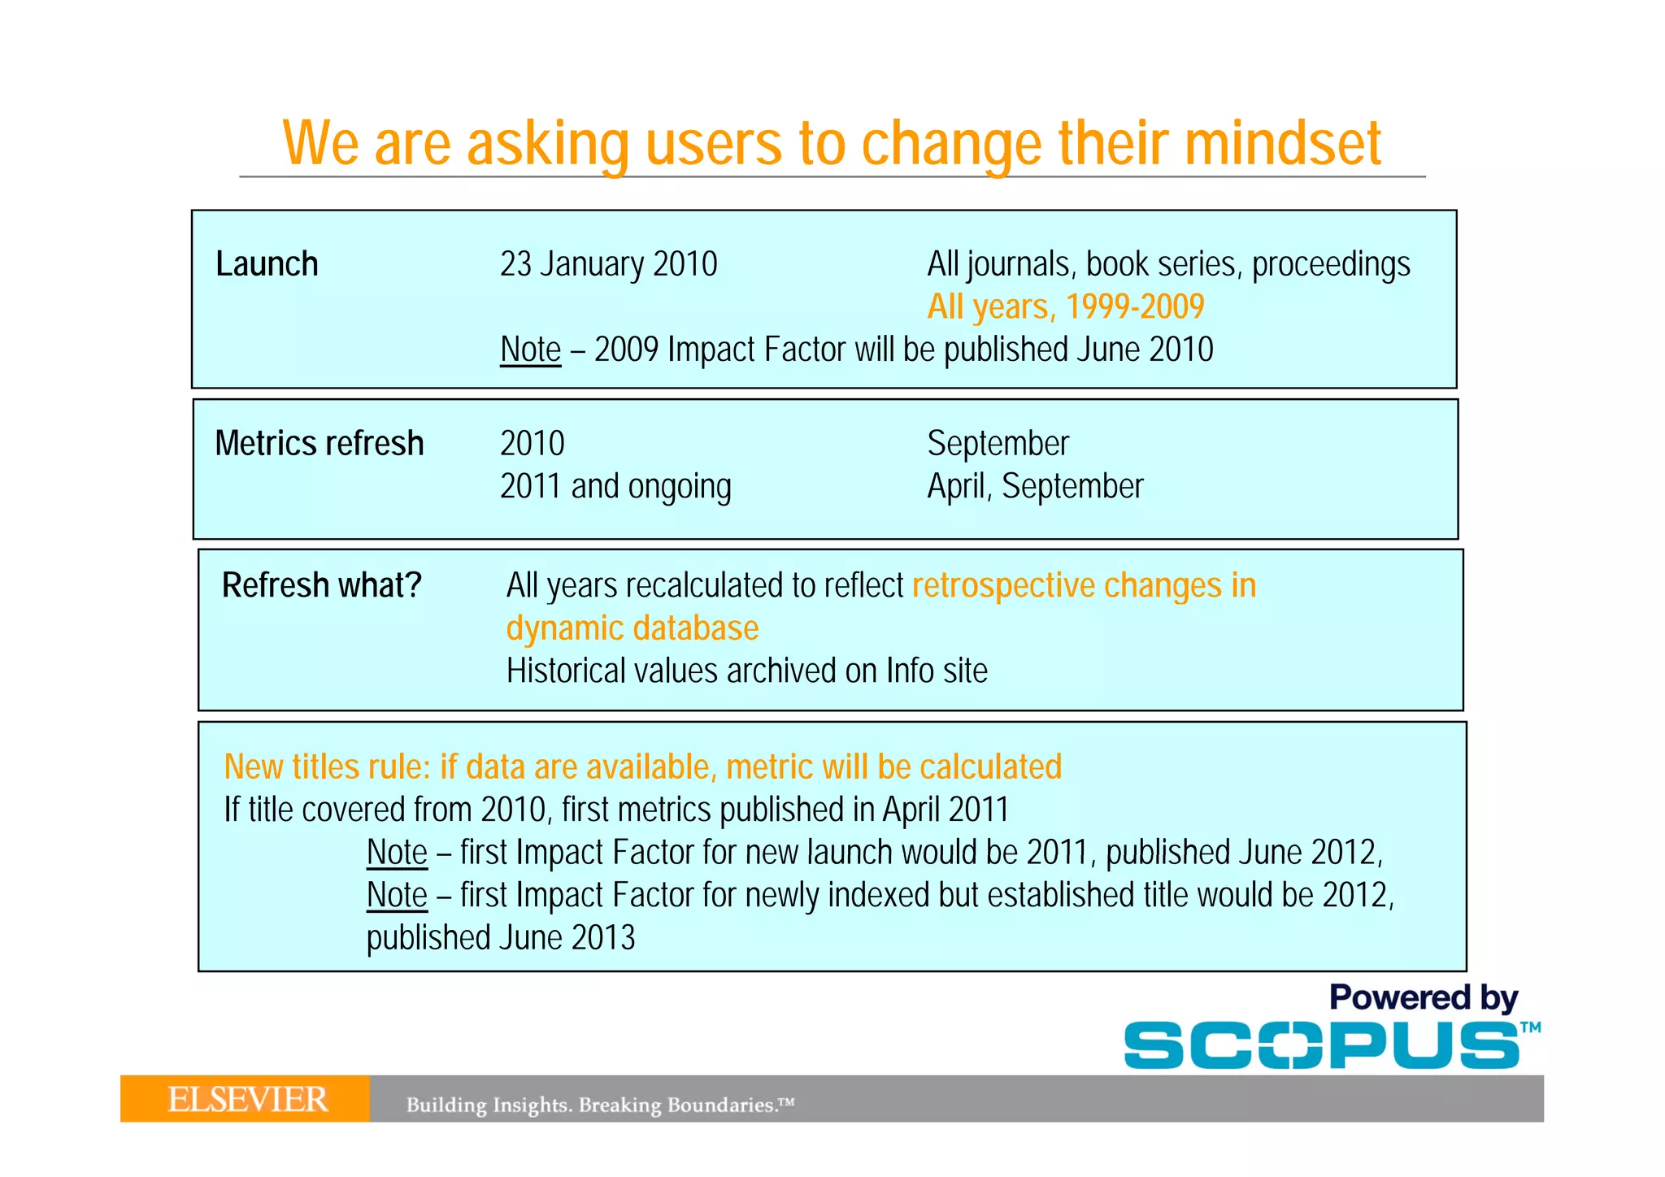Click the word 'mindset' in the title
click(1282, 143)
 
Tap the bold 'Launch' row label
click(267, 264)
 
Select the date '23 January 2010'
click(608, 264)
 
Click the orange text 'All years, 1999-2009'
click(1065, 307)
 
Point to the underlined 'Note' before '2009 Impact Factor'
click(530, 350)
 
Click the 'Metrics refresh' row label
click(320, 444)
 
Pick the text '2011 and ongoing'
click(615, 487)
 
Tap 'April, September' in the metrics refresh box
click(1035, 487)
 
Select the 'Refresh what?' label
click(322, 585)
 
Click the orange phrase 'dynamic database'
click(633, 628)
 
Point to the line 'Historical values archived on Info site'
click(746, 671)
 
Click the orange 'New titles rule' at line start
click(325, 767)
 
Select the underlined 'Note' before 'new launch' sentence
click(397, 853)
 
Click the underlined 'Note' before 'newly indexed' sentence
click(397, 895)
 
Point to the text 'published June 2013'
click(501, 938)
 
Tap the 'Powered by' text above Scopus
click(1423, 997)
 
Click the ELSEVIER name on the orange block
click(247, 1100)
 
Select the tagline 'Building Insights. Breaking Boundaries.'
click(599, 1105)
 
